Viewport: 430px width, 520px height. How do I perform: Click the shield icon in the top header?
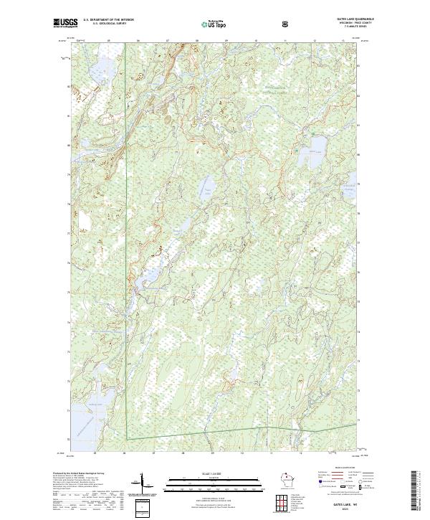click(x=287, y=24)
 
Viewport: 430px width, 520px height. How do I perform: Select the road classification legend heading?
click(x=337, y=471)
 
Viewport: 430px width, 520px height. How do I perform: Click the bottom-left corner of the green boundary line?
click(x=126, y=439)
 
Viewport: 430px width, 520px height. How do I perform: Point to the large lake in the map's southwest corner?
click(x=86, y=412)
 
